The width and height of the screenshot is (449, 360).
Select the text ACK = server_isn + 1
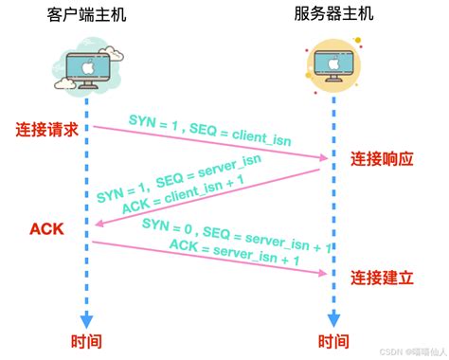pos(248,251)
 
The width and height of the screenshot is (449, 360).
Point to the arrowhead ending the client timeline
pos(86,318)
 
